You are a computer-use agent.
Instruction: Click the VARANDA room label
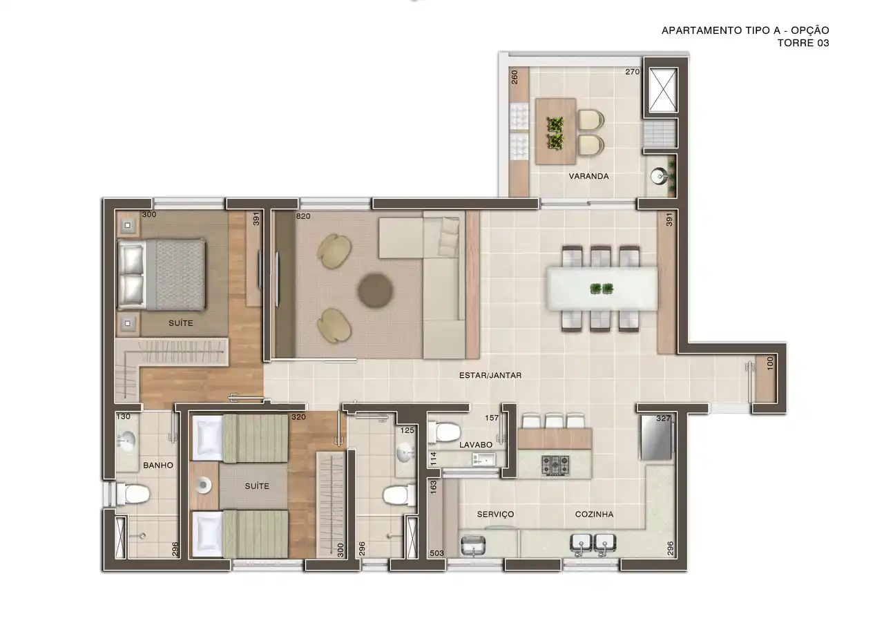(588, 176)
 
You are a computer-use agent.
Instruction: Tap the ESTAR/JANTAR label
(490, 375)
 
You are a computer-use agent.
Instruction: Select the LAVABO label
(476, 445)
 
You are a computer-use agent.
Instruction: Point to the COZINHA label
(594, 514)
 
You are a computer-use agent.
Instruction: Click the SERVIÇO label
(495, 514)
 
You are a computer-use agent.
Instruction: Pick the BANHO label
(158, 465)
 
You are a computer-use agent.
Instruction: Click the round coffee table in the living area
(375, 291)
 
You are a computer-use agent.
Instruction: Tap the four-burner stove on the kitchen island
(555, 465)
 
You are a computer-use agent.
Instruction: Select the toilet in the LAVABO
(444, 432)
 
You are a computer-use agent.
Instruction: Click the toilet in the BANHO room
(133, 494)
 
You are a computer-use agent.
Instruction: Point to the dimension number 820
(303, 216)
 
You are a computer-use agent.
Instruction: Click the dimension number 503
(436, 553)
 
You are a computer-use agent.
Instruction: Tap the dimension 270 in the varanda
(632, 72)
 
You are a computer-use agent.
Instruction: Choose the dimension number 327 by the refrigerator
(663, 419)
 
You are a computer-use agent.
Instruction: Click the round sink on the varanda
(660, 176)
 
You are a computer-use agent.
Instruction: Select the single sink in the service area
(473, 546)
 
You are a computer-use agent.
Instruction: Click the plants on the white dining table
(602, 289)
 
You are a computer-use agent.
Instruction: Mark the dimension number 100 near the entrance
(770, 363)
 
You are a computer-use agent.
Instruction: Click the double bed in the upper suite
(162, 274)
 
